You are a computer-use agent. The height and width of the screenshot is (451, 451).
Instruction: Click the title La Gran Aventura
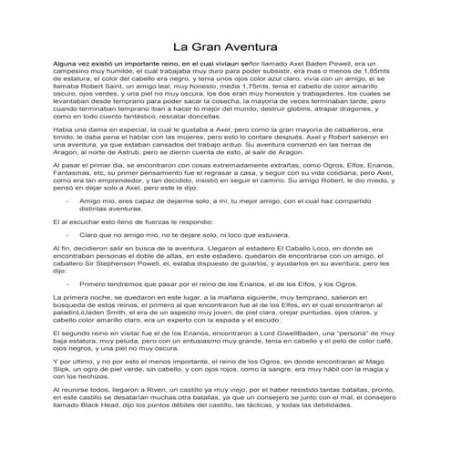click(226, 46)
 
